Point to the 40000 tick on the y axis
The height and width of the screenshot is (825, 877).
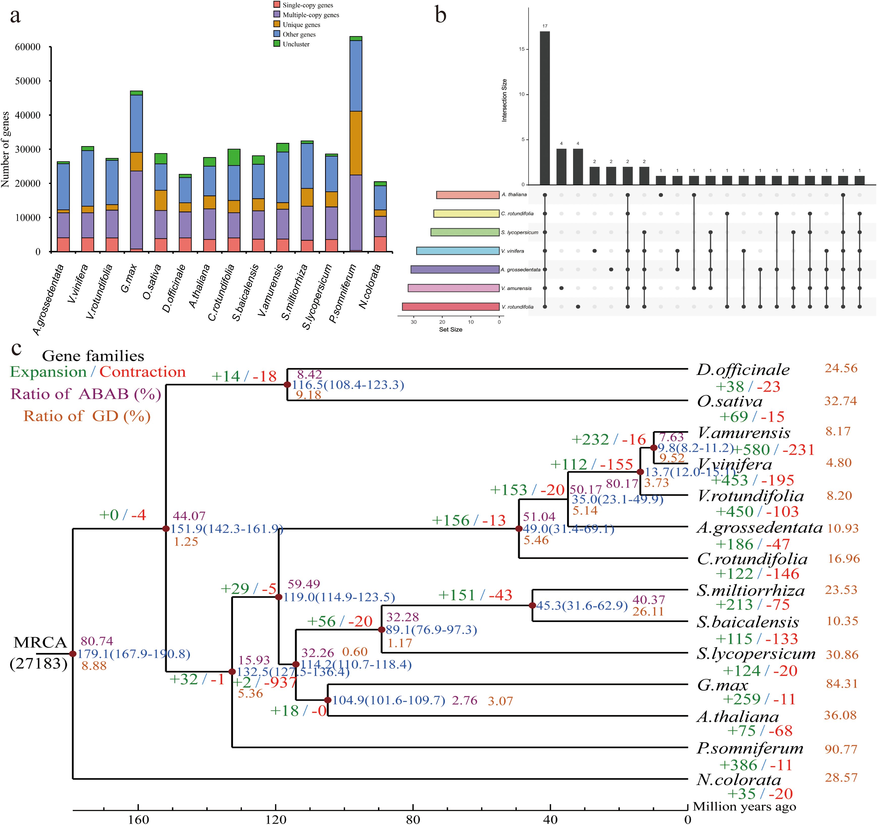[x=27, y=115]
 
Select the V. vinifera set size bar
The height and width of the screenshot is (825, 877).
[x=458, y=251]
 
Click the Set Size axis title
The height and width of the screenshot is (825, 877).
[x=450, y=329]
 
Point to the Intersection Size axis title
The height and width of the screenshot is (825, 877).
[x=504, y=100]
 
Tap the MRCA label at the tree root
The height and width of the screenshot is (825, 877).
[x=40, y=642]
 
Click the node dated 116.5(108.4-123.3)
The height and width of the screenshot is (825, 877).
[x=287, y=384]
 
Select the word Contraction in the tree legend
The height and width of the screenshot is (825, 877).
[x=143, y=372]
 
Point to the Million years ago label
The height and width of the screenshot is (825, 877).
[x=744, y=807]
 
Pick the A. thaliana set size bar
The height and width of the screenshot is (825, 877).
[x=468, y=195]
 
